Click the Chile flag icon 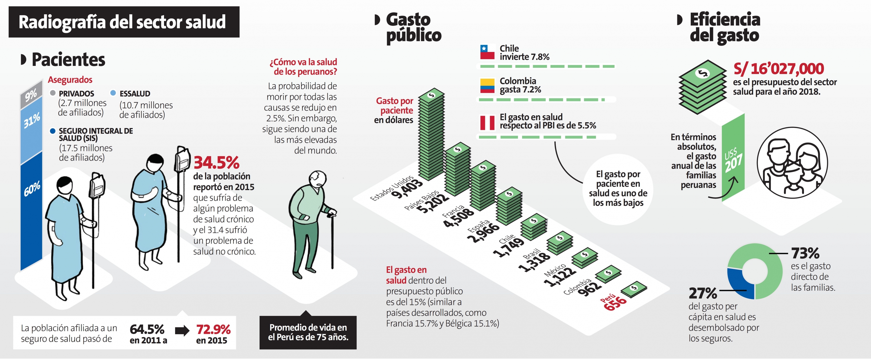487,52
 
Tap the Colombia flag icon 487,86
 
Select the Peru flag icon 487,123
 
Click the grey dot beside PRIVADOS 53,93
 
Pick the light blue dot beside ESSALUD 113,93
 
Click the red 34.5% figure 216,163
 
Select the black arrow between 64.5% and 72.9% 182,330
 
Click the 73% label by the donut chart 805,253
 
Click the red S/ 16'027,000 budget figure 778,69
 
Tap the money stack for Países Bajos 458,171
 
